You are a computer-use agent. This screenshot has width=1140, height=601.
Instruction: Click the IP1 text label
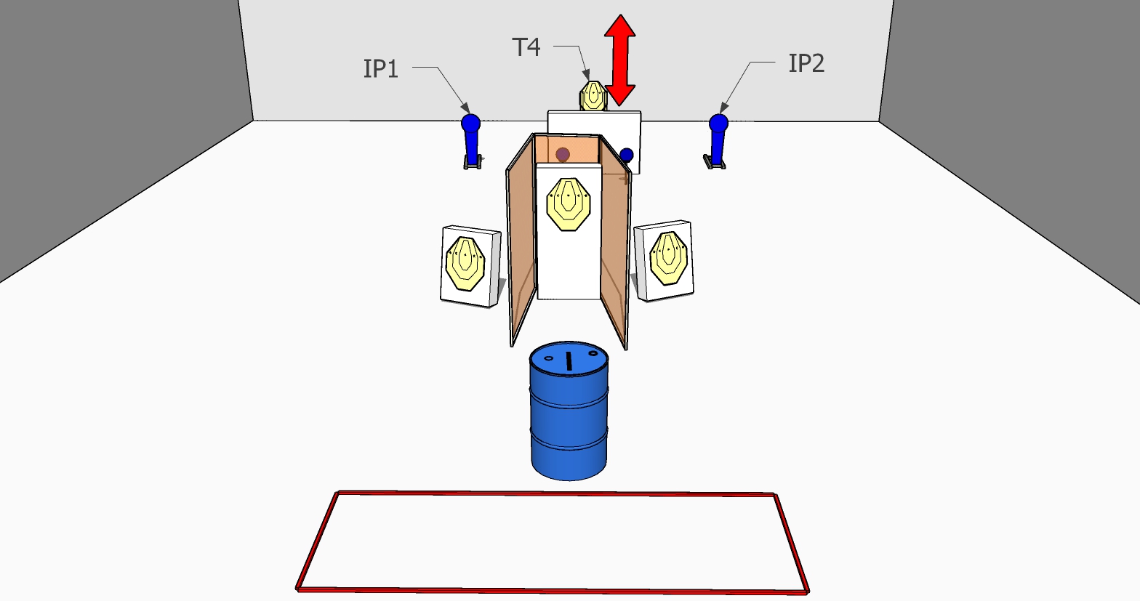tap(381, 69)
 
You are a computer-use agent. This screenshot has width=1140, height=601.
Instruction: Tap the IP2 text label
tap(806, 64)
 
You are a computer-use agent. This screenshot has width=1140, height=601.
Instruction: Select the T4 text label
tap(526, 48)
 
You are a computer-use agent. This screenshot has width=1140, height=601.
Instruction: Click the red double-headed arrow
tap(620, 60)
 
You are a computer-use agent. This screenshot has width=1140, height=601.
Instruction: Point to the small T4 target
tap(593, 96)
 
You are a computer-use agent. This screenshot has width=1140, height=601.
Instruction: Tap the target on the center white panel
tap(568, 203)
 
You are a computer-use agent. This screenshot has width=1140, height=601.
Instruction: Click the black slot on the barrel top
tap(569, 360)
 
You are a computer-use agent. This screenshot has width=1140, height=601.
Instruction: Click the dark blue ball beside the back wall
tap(627, 154)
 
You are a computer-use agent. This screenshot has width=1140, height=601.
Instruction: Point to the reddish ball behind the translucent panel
tap(563, 154)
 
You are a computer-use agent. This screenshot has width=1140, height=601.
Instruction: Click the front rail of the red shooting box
tap(553, 589)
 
